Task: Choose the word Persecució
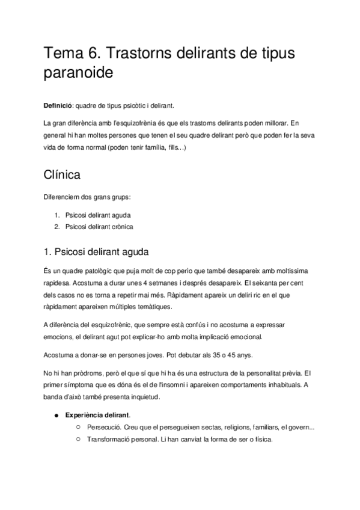click(105, 427)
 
